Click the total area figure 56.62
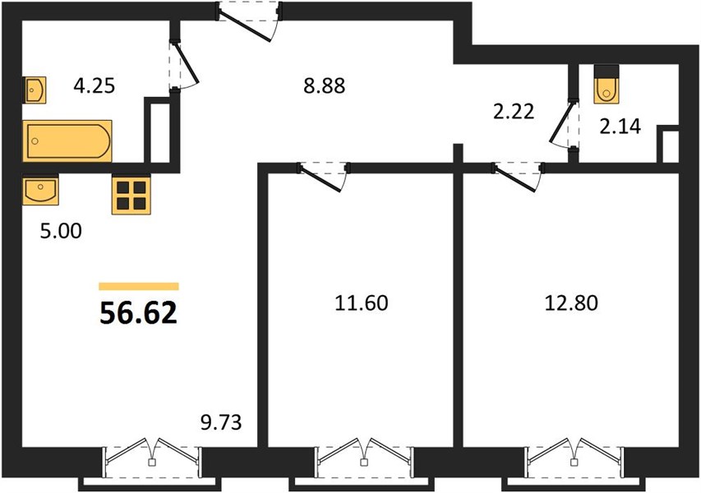click(138, 312)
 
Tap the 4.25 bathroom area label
click(95, 85)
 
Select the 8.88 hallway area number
click(324, 85)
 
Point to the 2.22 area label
click(514, 111)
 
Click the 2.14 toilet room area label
click(620, 127)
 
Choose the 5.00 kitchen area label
click(61, 231)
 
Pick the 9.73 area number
click(221, 422)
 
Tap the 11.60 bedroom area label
click(362, 302)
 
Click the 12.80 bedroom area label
click(571, 302)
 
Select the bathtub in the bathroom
click(67, 141)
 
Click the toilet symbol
click(606, 85)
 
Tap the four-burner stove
click(131, 195)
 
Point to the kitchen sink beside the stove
click(40, 189)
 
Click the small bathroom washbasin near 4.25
click(35, 90)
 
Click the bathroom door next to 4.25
click(183, 65)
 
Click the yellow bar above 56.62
click(139, 287)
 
